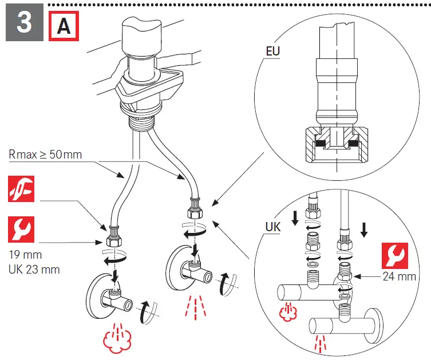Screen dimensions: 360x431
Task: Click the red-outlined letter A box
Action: (x=64, y=26)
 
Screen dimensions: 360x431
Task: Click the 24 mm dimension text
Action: (x=398, y=277)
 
